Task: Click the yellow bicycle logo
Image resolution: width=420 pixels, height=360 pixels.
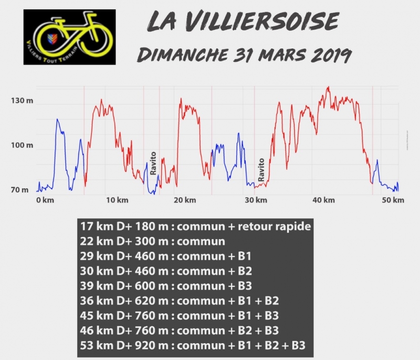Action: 69,36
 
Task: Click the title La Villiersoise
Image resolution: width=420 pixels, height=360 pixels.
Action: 243,22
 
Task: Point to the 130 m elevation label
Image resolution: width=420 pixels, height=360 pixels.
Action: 22,100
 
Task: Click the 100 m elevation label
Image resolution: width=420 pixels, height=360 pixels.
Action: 22,145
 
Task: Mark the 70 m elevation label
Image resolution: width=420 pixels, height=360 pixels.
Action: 20,190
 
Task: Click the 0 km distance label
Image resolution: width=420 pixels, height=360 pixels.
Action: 45,200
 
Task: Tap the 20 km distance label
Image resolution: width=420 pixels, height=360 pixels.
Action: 185,200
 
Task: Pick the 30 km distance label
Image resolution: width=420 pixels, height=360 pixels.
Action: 254,200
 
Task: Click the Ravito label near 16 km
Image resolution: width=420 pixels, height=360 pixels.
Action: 153,163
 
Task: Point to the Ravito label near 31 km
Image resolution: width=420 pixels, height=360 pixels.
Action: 260,169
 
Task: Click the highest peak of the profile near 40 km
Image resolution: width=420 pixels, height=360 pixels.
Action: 329,87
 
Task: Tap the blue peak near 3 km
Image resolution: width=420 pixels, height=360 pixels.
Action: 57,120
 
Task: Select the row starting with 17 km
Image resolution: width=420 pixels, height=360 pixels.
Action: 195,227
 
